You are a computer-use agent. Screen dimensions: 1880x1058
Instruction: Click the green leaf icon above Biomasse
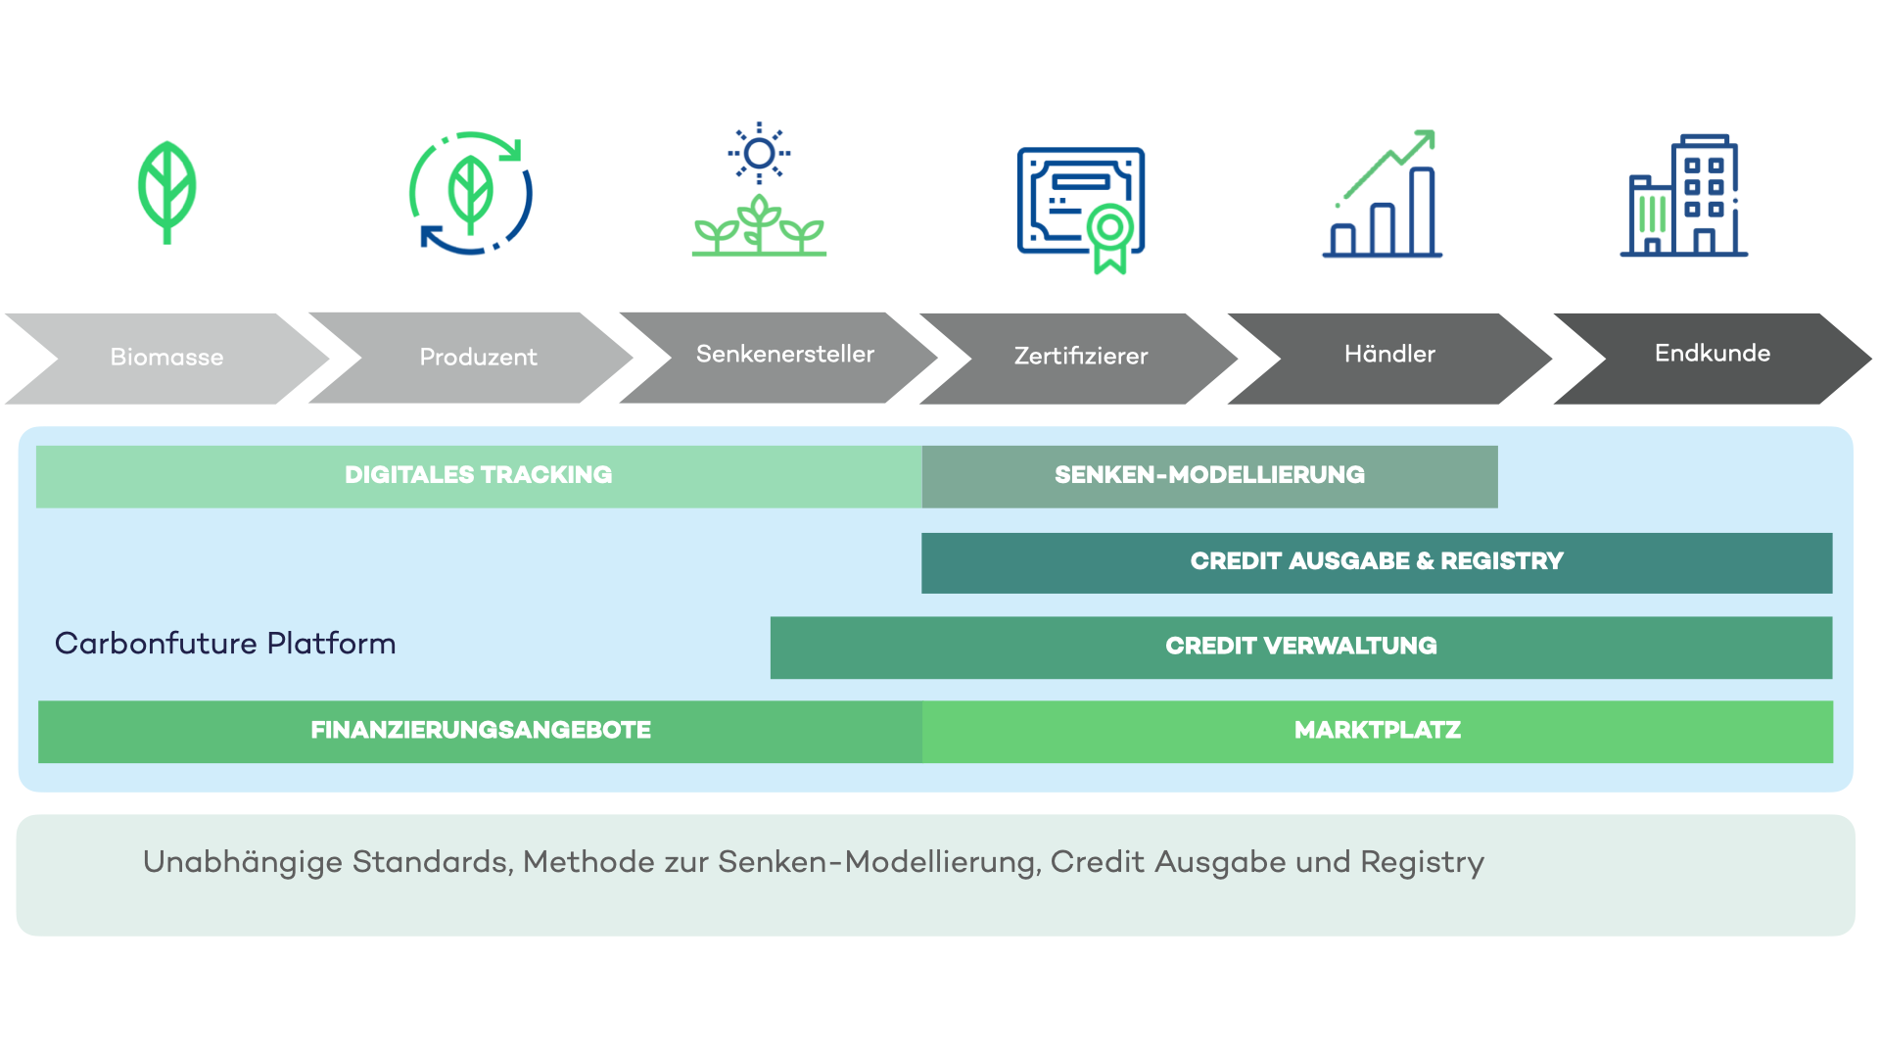pyautogui.click(x=167, y=192)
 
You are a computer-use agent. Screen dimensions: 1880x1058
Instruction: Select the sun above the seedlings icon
pyautogui.click(x=759, y=154)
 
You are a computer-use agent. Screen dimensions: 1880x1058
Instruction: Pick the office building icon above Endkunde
pyautogui.click(x=1684, y=195)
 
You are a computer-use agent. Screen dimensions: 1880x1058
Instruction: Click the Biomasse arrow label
pyautogui.click(x=166, y=358)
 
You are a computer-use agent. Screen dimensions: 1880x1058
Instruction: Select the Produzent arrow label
pyautogui.click(x=478, y=358)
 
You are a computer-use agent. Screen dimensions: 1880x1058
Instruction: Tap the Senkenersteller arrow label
pyautogui.click(x=785, y=354)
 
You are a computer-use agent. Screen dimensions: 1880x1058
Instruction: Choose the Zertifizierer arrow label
pyautogui.click(x=1081, y=356)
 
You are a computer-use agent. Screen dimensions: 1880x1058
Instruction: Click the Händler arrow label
pyautogui.click(x=1389, y=354)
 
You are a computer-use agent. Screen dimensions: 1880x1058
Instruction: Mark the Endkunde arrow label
pyautogui.click(x=1713, y=353)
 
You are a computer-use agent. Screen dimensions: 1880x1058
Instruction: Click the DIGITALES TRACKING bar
pyautogui.click(x=479, y=476)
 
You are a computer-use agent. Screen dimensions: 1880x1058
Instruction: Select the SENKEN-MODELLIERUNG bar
pyautogui.click(x=1209, y=476)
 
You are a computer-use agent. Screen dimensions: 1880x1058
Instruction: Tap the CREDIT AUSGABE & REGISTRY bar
pyautogui.click(x=1377, y=562)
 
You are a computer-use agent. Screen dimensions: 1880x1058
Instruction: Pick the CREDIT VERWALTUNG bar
pyautogui.click(x=1301, y=647)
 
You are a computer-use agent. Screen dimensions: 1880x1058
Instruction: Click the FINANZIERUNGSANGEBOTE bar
pyautogui.click(x=480, y=731)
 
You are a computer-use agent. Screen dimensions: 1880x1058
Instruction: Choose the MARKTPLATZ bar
pyautogui.click(x=1378, y=731)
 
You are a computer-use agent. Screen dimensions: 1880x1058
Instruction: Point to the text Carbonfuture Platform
pyautogui.click(x=225, y=644)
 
